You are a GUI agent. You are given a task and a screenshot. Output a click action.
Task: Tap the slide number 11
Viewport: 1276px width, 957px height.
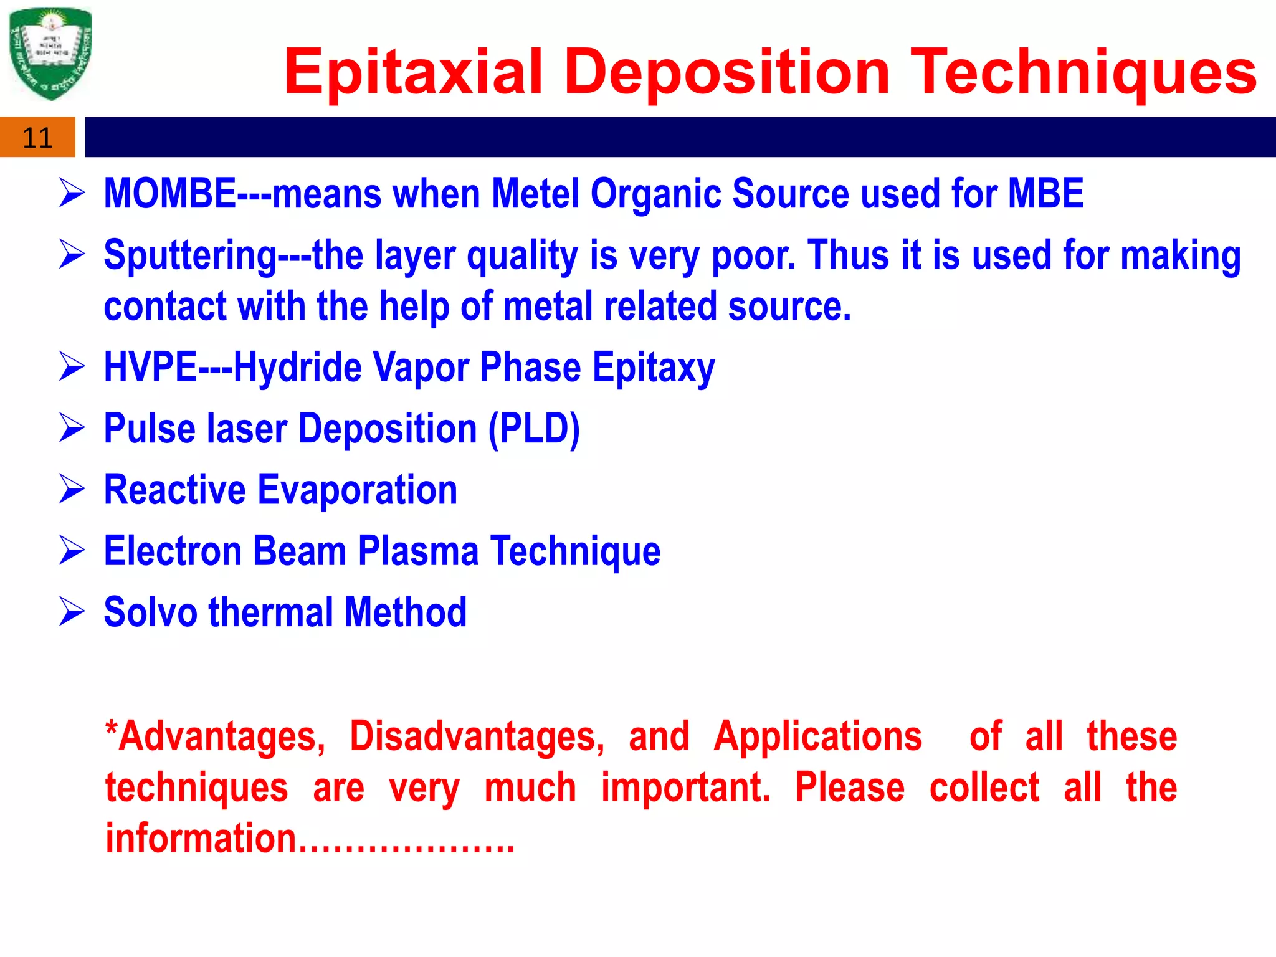[x=37, y=138]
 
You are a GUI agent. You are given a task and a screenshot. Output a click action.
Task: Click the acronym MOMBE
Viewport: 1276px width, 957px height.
[x=169, y=194]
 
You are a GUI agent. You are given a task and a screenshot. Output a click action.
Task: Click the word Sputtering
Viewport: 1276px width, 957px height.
[x=190, y=256]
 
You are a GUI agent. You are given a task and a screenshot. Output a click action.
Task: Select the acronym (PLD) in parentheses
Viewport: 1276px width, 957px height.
[x=534, y=429]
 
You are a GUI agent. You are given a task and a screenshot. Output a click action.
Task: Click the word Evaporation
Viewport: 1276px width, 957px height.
[x=357, y=490]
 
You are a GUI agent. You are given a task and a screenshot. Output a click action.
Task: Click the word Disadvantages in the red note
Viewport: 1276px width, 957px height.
[x=477, y=737]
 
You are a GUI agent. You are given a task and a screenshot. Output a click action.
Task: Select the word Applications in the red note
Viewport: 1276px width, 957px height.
[x=817, y=736]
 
